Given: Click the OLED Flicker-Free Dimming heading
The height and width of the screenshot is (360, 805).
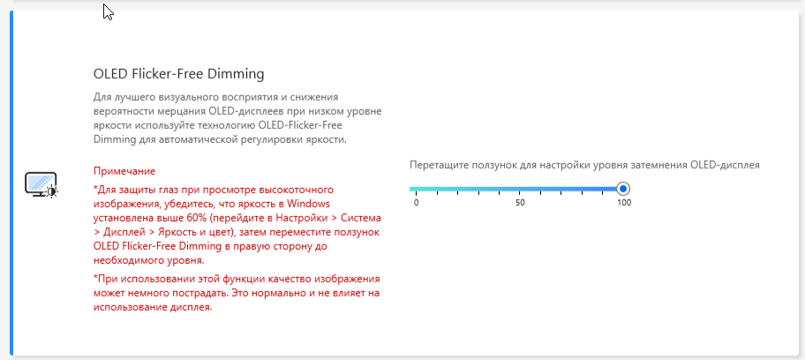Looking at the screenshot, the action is click(178, 74).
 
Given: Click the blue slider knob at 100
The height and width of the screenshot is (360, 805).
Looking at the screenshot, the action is click(623, 189).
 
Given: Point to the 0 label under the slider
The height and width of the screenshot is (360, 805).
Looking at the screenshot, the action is click(416, 203).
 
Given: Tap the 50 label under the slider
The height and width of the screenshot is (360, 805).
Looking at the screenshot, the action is click(520, 203).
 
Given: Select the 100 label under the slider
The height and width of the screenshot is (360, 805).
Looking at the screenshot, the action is click(624, 203).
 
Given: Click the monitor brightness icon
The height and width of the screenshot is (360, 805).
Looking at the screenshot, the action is click(41, 185).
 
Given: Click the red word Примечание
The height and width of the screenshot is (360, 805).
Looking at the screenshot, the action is click(124, 171).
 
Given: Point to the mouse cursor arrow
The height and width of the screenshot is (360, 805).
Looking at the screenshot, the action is click(108, 11).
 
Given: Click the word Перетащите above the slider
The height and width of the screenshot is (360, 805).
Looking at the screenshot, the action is click(435, 165).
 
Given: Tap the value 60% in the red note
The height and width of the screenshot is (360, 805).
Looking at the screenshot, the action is click(209, 217).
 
